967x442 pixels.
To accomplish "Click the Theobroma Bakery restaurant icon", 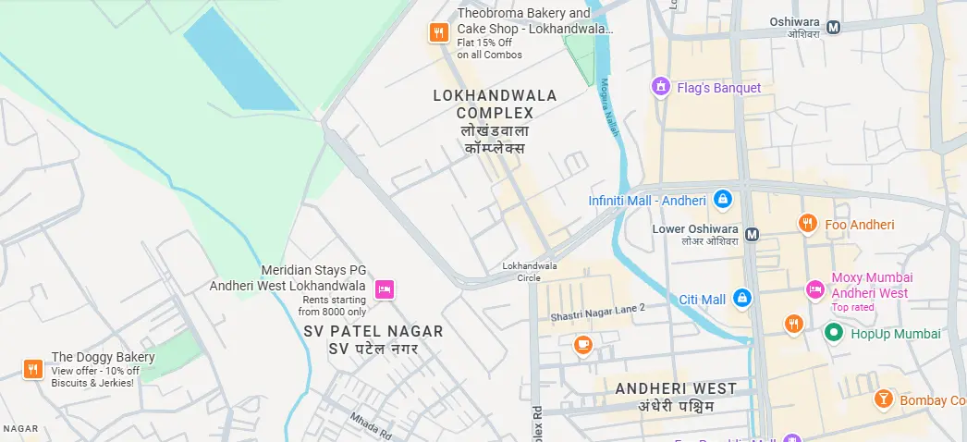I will coord(438,33).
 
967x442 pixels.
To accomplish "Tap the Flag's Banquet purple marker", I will coord(660,88).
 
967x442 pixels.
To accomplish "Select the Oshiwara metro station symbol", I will coord(834,27).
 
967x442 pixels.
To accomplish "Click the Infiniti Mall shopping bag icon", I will coord(723,200).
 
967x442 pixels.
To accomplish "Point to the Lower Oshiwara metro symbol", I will coord(753,234).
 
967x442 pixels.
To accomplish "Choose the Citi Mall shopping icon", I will coord(741,299).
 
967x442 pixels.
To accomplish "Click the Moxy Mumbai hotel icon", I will coord(815,289).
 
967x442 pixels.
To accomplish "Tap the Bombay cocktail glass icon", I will coord(883,399).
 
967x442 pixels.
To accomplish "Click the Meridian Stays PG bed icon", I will coord(385,290).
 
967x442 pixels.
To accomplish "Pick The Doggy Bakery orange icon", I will coord(33,369).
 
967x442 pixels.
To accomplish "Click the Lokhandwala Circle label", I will coord(529,271).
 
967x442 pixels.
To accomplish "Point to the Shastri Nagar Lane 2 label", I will coord(597,312).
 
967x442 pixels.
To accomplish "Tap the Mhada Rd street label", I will coord(371,424).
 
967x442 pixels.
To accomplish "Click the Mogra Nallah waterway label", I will coord(609,107).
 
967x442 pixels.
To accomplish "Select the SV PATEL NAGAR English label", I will coord(373,331).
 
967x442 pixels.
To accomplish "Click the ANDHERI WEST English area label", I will coord(676,388).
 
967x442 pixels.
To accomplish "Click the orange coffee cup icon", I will coord(582,345).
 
